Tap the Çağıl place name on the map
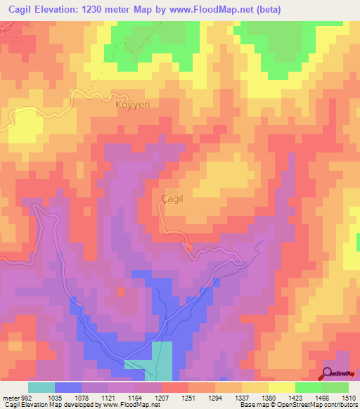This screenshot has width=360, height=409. click(x=173, y=199)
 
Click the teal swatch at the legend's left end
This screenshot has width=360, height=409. click(x=41, y=387)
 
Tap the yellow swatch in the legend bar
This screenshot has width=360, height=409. click(x=282, y=387)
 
